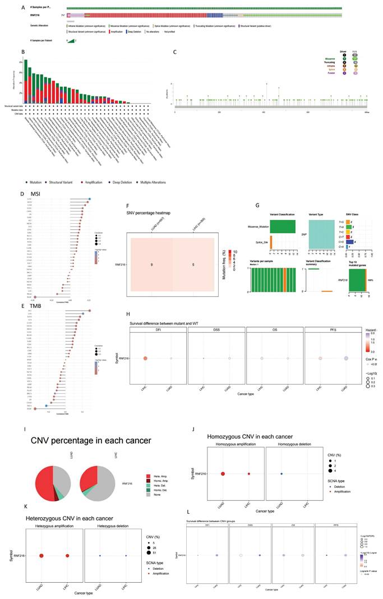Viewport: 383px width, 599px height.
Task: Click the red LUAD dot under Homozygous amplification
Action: tap(223, 474)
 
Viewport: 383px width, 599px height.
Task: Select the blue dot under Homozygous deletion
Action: tap(282, 474)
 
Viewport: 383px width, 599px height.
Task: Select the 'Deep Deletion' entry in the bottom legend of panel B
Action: tap(130, 182)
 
